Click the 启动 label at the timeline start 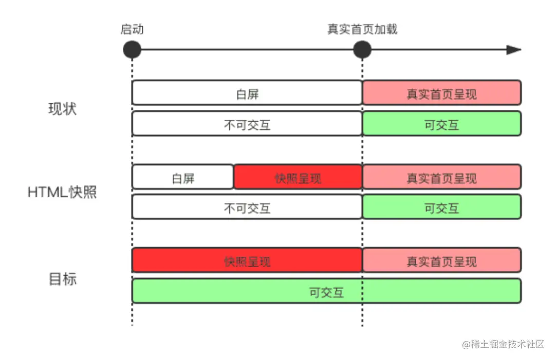coord(132,30)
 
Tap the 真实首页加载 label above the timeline coord(362,30)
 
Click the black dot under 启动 coord(132,50)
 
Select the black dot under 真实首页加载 coord(362,50)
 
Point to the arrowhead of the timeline coord(514,50)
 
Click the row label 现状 coord(62,109)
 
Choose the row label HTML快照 coord(62,193)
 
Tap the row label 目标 coord(62,279)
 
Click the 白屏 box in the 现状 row coord(247,93)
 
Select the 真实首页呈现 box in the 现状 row coord(442,93)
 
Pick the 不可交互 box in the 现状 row coord(247,124)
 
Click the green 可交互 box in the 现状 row coord(442,124)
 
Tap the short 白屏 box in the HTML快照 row coord(183,178)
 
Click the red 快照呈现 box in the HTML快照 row coord(298,178)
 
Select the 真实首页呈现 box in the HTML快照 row coord(442,178)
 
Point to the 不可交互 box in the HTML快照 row coord(247,207)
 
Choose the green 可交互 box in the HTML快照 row coord(442,207)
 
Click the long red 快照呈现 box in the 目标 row coord(247,260)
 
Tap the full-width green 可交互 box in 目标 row coord(327,291)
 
